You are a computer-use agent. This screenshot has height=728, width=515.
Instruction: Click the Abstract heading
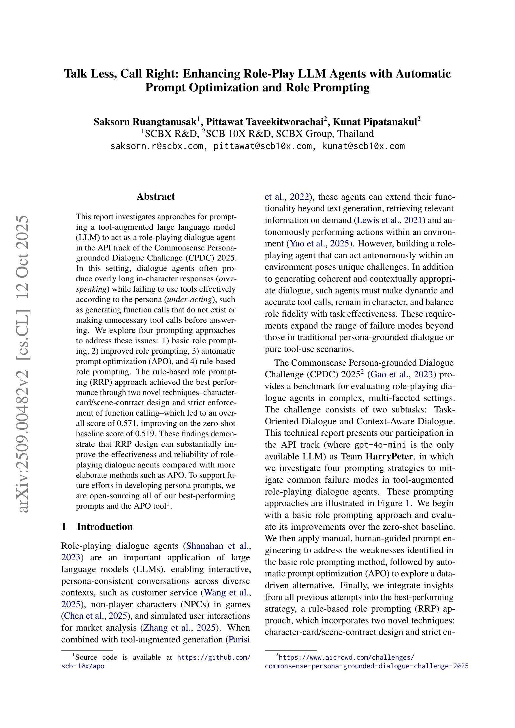(x=155, y=197)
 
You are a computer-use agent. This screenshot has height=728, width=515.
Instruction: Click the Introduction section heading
(x=104, y=527)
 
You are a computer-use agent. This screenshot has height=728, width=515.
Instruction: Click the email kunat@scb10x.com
(x=363, y=146)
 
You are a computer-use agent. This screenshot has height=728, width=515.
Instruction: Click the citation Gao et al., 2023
(x=401, y=374)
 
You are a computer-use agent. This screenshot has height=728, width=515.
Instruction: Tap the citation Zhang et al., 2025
(x=180, y=628)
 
